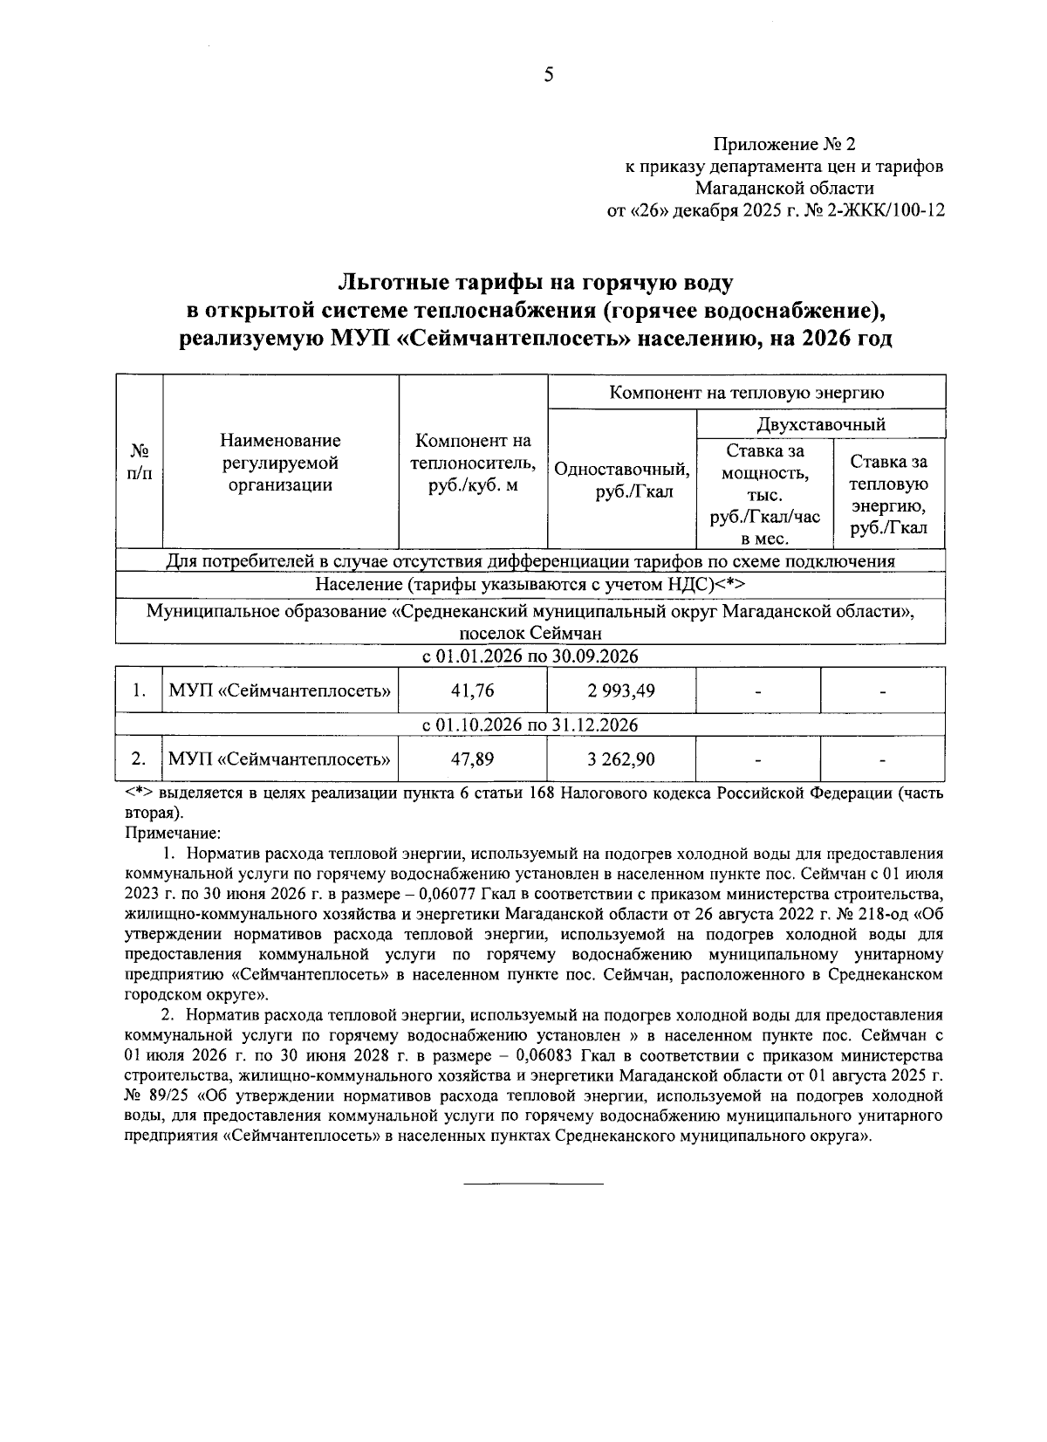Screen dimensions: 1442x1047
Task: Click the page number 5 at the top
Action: click(548, 75)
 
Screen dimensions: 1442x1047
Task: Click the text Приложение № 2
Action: click(784, 143)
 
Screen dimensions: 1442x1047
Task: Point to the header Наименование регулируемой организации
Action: click(280, 463)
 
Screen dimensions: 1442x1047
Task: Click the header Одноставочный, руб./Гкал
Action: click(622, 480)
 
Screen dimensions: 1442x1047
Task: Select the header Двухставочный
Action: click(821, 424)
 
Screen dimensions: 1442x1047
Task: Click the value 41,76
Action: click(472, 690)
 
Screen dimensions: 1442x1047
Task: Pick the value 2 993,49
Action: click(621, 690)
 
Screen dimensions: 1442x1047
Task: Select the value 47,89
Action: click(472, 759)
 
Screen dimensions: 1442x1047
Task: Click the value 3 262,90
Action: click(621, 759)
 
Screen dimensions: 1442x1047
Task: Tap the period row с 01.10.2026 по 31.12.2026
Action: click(530, 725)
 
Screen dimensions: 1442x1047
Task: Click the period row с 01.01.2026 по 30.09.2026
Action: click(530, 656)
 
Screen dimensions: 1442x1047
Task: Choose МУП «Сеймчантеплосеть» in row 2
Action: click(279, 759)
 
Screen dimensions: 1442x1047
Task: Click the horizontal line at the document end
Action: click(532, 1184)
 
